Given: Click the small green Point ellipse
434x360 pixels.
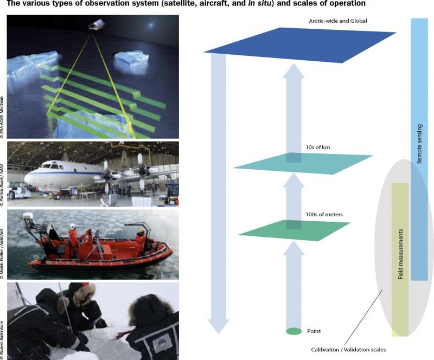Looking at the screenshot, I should pos(293,331).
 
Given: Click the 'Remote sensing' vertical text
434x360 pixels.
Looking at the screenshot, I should pos(419,144).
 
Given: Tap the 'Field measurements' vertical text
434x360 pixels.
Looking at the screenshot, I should pos(400,258).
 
